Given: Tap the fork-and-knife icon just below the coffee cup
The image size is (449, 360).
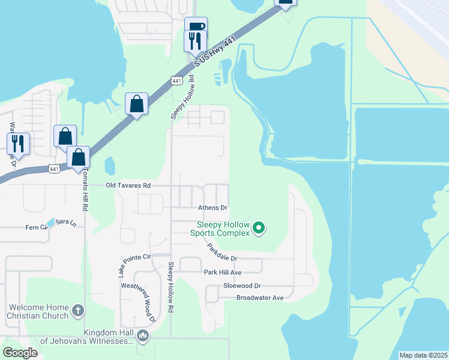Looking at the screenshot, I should [195, 41].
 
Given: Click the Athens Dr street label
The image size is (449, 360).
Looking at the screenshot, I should [213, 208].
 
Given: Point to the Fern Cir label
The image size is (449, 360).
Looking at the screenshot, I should [36, 227].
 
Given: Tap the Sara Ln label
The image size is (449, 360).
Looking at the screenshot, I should [65, 223].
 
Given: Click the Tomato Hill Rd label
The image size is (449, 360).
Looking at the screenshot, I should [86, 187].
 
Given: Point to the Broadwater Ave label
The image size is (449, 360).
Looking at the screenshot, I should [259, 298].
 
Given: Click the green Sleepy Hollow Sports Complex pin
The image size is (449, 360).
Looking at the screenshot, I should [259, 227].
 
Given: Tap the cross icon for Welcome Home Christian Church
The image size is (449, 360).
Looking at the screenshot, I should [77, 310].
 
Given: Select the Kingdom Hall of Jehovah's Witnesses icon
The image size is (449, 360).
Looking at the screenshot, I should [142, 335].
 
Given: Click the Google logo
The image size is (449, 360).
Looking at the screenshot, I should [20, 353].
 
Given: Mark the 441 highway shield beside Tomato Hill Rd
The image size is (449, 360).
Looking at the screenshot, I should [53, 169].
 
